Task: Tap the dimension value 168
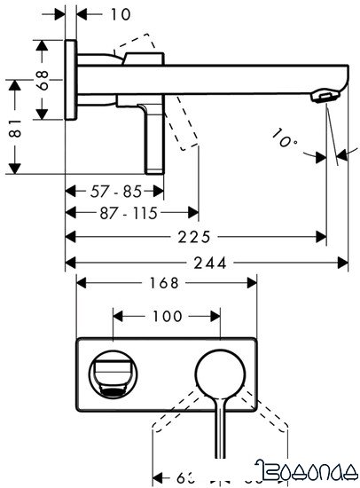click(166, 283)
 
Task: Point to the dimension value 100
click(167, 316)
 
